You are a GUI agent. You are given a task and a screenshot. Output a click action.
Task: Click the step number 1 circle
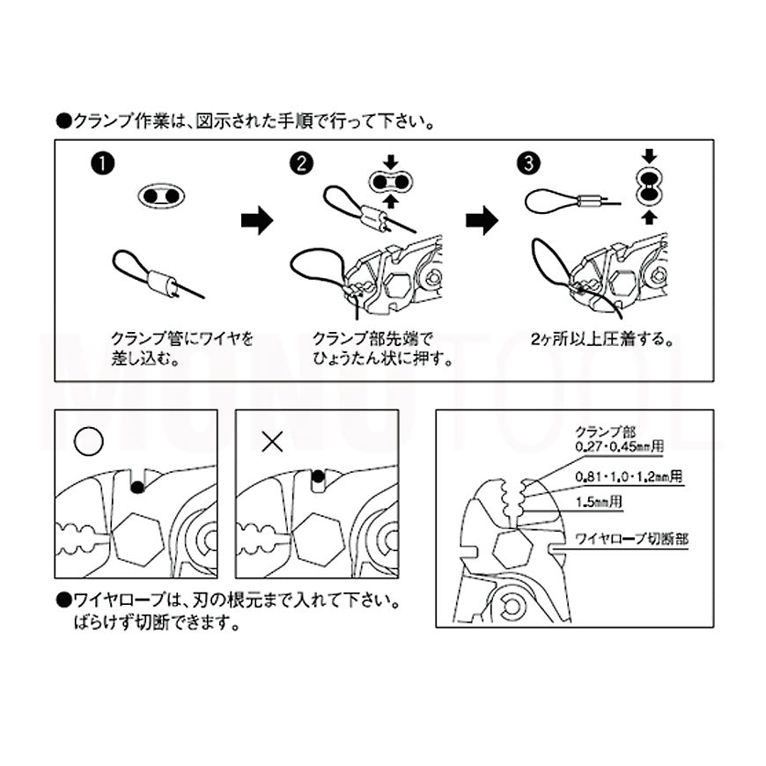pyautogui.click(x=104, y=165)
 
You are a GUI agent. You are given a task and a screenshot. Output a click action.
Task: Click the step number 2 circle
pyautogui.click(x=300, y=165)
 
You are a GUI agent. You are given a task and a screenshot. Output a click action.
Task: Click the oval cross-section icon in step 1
pyautogui.click(x=161, y=195)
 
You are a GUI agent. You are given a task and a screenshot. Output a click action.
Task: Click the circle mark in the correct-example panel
pyautogui.click(x=88, y=441)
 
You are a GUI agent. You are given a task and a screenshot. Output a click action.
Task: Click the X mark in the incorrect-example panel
pyautogui.click(x=271, y=441)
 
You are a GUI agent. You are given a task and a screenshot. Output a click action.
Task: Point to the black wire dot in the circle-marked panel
pyautogui.click(x=136, y=486)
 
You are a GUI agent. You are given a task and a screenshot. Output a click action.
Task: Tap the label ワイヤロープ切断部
pyautogui.click(x=631, y=536)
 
